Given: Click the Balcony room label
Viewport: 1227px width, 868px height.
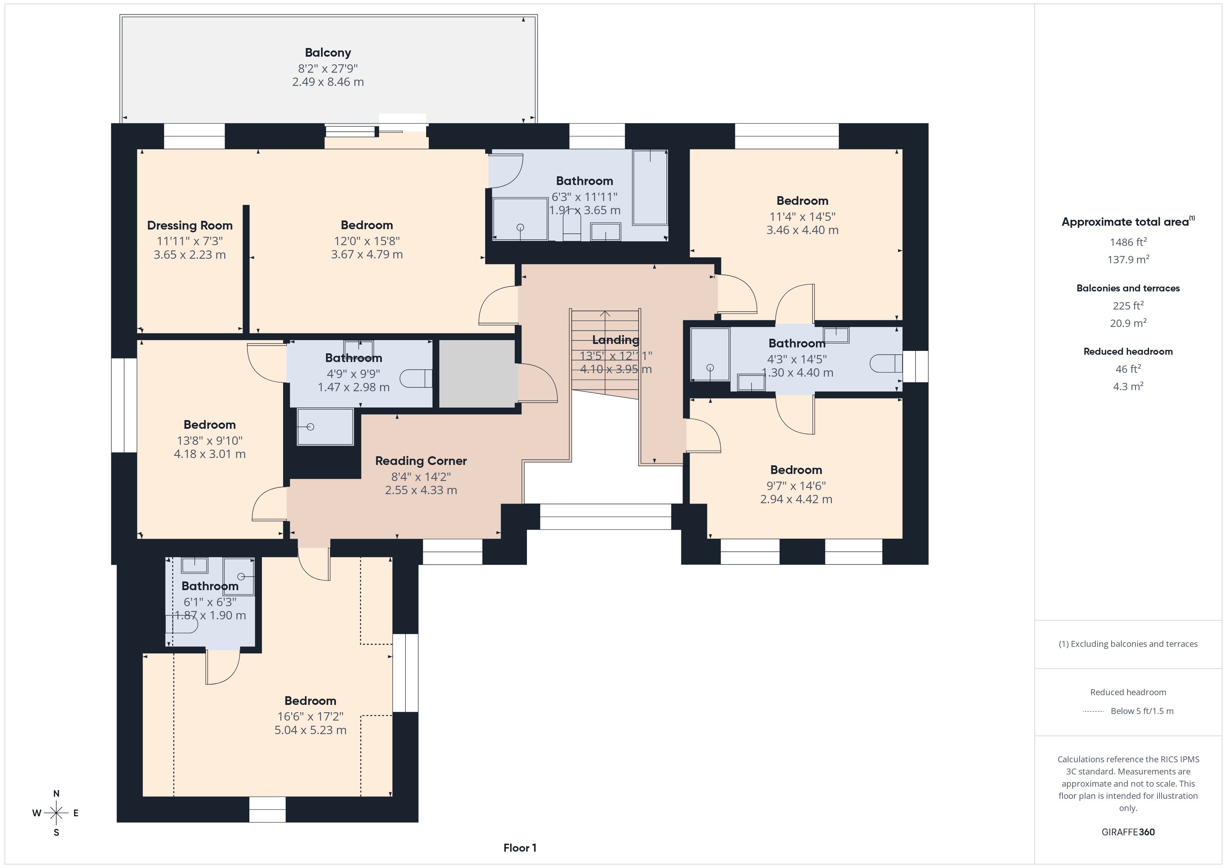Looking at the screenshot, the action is click(328, 53).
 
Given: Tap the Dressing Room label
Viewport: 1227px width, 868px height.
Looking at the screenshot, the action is click(190, 226).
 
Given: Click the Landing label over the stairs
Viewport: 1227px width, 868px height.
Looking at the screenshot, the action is click(615, 340).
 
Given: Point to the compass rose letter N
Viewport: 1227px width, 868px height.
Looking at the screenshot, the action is click(56, 794).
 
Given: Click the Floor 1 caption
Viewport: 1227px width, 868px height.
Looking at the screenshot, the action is click(520, 848).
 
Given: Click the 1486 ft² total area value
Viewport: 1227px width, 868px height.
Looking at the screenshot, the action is click(1128, 242).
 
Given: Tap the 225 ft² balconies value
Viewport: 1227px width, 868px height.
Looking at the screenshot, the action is click(1128, 305).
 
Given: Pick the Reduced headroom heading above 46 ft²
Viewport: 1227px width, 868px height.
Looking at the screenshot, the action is click(1128, 351).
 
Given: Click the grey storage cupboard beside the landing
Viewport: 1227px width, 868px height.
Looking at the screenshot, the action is click(477, 373).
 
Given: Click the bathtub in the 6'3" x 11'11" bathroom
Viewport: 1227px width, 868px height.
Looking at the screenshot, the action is click(650, 187).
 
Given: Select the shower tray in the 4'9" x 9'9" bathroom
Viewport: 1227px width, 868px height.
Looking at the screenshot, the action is click(325, 426).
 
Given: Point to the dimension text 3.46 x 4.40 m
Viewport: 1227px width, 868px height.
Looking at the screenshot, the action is click(802, 230).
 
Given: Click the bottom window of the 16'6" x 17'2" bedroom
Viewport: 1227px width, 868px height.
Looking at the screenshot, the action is click(267, 810).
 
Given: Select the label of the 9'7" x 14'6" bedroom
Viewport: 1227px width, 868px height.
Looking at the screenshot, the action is click(796, 470).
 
